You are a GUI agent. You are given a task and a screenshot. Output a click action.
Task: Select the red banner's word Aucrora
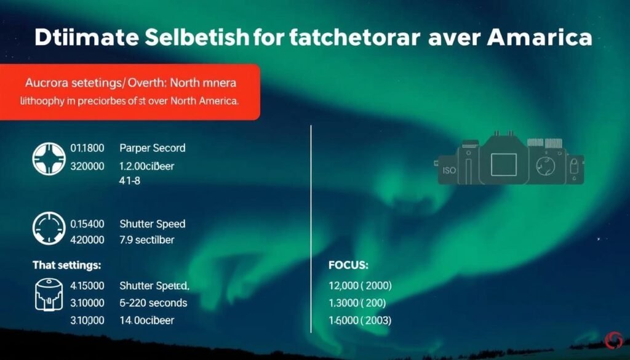[46, 82]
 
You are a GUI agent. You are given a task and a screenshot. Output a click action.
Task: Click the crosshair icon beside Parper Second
[47, 157]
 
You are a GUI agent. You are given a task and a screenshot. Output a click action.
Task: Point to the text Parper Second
[152, 148]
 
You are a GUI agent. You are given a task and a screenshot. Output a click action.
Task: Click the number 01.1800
[87, 148]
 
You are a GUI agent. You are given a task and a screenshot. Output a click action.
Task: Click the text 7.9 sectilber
[146, 239]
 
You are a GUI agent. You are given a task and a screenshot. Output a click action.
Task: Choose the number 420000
[87, 239]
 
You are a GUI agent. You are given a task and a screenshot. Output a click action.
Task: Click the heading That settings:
[66, 266]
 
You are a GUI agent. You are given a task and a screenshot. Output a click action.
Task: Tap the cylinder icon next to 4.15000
[47, 294]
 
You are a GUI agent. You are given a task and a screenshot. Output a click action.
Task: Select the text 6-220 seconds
[153, 303]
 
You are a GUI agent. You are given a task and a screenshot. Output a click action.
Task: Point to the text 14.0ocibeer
[146, 320]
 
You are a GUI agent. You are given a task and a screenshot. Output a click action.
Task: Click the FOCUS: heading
[349, 266]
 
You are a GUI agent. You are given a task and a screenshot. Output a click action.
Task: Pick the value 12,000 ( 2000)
[361, 286]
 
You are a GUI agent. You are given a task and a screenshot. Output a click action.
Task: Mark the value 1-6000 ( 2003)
[361, 320]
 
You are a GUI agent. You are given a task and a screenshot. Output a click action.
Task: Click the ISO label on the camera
[449, 170]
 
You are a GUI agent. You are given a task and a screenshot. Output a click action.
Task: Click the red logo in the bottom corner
[613, 339]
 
